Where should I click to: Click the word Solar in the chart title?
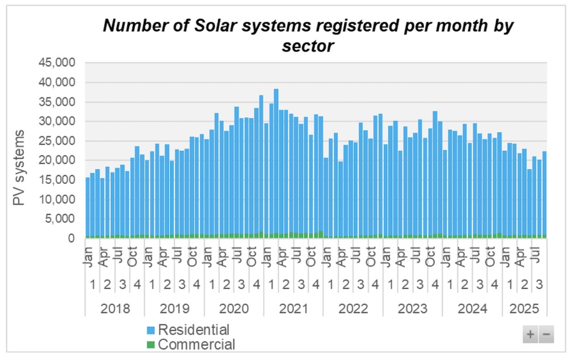[240, 25]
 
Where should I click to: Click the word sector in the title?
[307, 46]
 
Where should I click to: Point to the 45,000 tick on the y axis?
[58, 63]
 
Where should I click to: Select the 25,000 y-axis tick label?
[58, 141]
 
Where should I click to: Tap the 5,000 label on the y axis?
[62, 219]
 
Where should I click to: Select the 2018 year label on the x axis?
[115, 309]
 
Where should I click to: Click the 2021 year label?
[293, 309]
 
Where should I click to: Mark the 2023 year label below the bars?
[412, 309]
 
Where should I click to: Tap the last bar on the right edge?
[545, 194]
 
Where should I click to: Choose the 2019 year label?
[174, 309]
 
